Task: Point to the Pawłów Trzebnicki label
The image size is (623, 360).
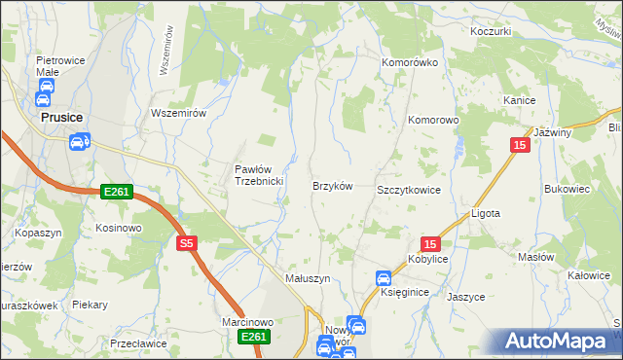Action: [259, 175]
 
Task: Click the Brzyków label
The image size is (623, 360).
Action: [331, 185]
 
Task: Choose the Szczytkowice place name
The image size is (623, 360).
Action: [409, 190]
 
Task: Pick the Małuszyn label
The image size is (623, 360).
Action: [308, 277]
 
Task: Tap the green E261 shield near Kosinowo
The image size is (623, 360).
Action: [116, 193]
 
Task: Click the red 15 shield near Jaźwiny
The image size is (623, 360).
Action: [519, 144]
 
